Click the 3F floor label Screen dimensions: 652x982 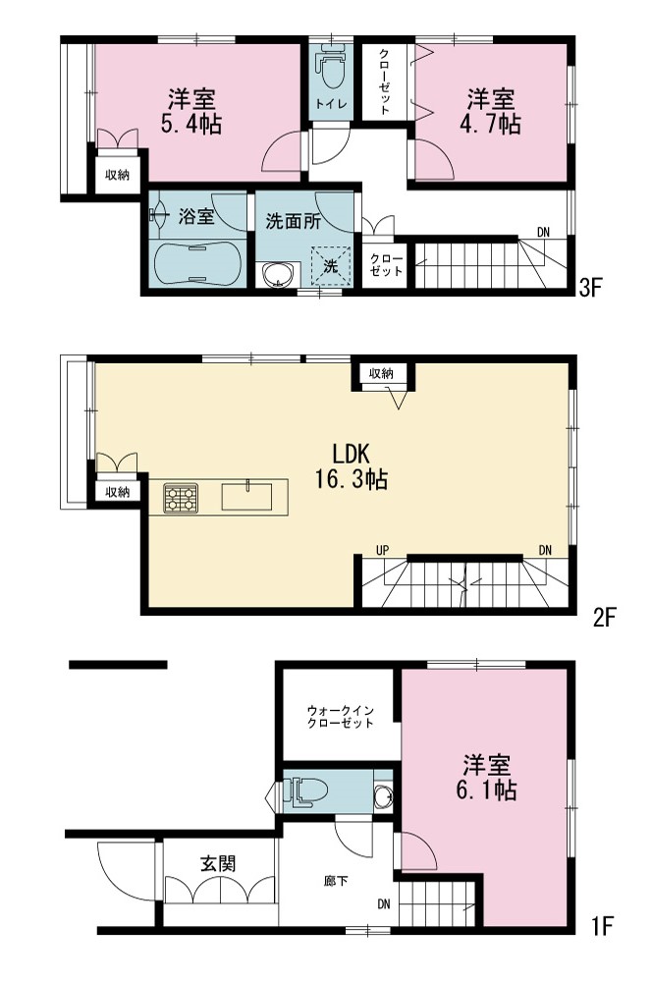590,288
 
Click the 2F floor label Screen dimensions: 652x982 605,618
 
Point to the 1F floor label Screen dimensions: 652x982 602,926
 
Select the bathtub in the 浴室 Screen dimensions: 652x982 197,264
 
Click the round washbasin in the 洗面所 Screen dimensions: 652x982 278,274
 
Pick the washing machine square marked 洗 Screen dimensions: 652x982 330,265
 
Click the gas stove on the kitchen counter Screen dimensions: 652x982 181,498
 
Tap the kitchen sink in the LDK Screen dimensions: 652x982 246,497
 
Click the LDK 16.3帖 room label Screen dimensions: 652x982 352,465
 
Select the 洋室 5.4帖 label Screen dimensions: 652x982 191,112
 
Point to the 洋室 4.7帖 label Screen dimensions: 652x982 490,112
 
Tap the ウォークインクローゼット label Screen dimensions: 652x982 340,717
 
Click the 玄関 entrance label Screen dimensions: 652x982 218,863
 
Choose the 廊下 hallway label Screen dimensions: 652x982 337,881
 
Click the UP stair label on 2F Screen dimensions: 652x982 383,551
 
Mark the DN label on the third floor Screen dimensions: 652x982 543,233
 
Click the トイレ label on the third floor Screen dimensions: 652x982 331,104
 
